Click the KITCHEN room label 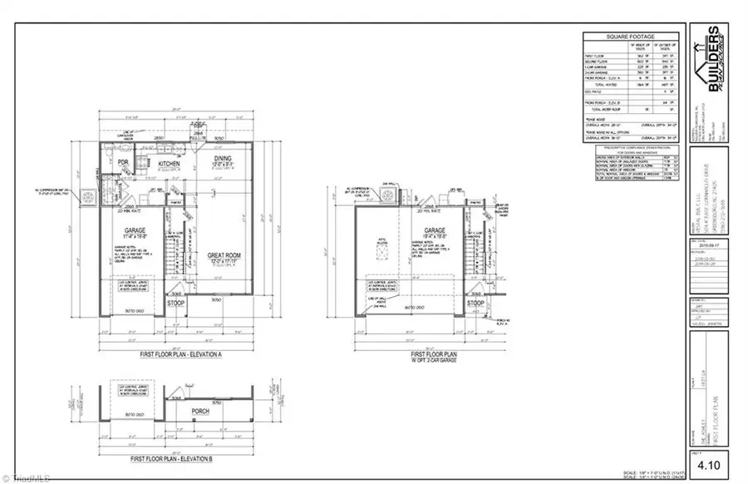[x=170, y=165]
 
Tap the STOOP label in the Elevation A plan [x=175, y=304]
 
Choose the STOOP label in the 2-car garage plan [x=475, y=304]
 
